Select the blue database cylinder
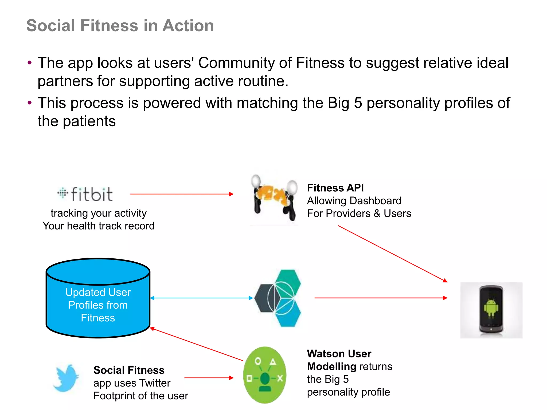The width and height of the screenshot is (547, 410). tap(98, 298)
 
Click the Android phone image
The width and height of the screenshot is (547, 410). tap(491, 310)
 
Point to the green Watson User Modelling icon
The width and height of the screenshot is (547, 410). tap(265, 375)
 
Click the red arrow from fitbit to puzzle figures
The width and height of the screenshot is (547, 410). tap(182, 194)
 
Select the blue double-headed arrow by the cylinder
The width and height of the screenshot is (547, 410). tap(202, 298)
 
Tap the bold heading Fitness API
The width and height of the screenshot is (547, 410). tap(335, 188)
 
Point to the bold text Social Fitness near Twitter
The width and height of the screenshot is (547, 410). tap(129, 370)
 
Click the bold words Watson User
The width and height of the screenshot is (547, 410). tap(339, 354)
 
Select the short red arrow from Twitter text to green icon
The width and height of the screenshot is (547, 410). tap(209, 378)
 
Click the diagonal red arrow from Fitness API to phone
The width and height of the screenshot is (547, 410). tap(393, 254)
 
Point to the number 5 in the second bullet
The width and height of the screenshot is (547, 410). tap(358, 103)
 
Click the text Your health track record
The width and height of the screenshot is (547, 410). tap(99, 226)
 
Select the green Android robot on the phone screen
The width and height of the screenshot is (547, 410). tap(491, 308)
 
